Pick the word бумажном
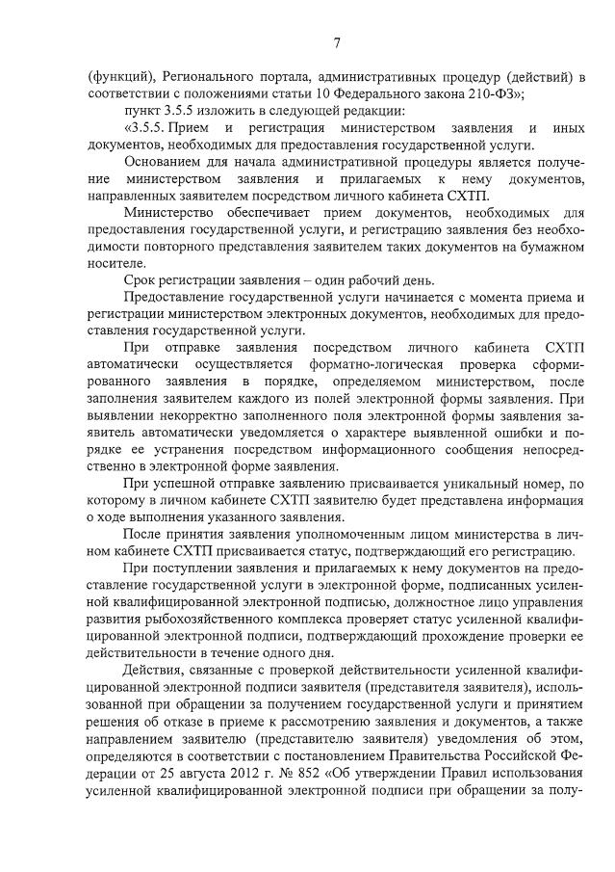tap(551, 247)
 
